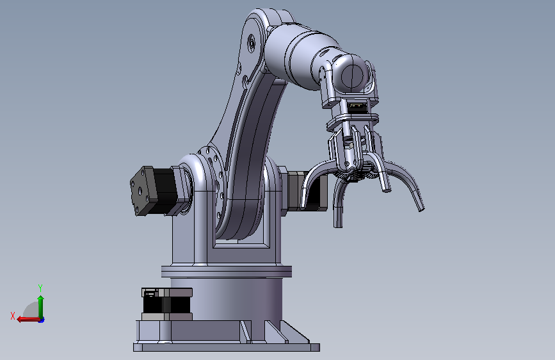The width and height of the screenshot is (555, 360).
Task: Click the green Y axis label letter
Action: tap(40, 288)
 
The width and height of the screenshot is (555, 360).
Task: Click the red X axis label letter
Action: tap(13, 316)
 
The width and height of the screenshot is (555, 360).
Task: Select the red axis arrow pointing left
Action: tap(28, 319)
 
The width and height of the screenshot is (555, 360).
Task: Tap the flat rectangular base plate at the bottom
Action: tap(227, 347)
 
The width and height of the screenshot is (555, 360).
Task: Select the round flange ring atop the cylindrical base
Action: tap(227, 272)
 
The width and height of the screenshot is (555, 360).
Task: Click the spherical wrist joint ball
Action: tap(353, 76)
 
